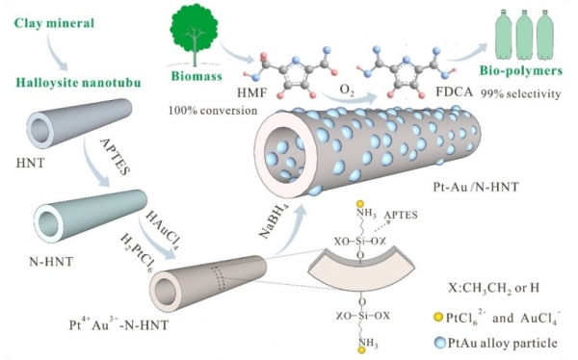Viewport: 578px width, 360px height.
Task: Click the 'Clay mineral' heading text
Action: point(55,23)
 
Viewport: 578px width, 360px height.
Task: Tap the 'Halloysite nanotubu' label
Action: point(78,82)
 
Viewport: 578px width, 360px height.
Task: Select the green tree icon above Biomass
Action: point(195,35)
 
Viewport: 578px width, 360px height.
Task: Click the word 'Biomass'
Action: point(197,76)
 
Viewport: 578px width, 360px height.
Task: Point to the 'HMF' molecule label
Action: point(251,92)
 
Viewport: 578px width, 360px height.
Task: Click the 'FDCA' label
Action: point(454,92)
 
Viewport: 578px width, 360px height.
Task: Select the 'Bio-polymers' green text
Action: point(521,70)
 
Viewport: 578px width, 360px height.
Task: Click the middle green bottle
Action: point(525,34)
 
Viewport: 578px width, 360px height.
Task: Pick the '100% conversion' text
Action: point(213,110)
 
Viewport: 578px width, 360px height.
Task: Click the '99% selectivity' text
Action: point(520,93)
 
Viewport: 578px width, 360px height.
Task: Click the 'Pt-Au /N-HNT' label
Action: point(476,187)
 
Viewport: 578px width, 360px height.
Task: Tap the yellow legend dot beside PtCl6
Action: point(438,318)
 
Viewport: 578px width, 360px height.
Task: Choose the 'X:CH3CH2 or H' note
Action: point(493,288)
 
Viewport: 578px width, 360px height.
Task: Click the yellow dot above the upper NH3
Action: point(361,203)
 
